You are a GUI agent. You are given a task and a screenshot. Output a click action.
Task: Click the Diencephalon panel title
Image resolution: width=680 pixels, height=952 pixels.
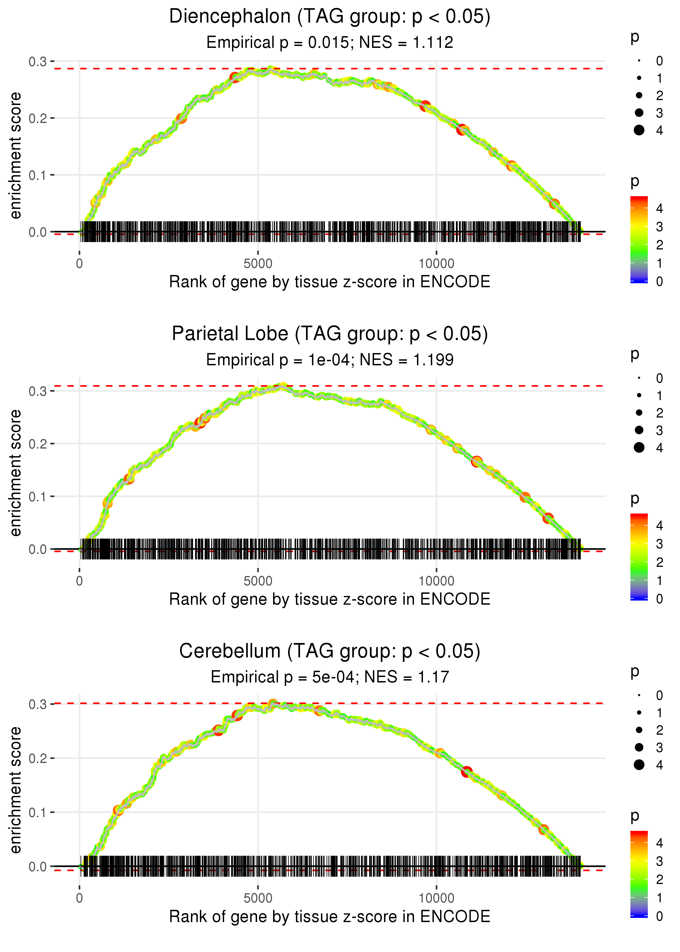point(330,17)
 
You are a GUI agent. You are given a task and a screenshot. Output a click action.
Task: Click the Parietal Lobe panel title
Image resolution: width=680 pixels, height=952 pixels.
point(330,334)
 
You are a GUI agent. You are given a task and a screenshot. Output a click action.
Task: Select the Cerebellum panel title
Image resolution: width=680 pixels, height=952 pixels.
point(330,651)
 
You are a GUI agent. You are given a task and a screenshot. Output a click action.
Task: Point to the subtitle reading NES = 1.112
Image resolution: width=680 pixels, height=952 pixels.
point(406,43)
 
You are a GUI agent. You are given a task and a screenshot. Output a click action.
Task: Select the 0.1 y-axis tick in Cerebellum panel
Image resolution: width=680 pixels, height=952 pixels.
point(38,812)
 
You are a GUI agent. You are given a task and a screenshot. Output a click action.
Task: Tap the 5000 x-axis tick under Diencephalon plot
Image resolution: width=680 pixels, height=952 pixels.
point(258,264)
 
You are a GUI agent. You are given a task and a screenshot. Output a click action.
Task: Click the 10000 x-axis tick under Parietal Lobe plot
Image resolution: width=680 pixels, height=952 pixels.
point(436,581)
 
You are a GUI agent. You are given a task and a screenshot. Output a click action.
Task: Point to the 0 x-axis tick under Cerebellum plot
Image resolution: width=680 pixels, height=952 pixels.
point(79,898)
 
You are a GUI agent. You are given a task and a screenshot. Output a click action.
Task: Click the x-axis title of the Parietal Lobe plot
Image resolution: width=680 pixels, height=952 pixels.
point(330,599)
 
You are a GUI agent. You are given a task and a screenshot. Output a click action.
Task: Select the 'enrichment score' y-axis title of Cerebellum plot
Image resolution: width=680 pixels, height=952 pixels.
point(16,790)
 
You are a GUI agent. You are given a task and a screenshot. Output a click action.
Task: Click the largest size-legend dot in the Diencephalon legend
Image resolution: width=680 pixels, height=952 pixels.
point(639,130)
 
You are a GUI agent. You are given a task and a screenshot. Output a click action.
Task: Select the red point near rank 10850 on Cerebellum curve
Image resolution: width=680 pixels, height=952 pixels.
point(467,772)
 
